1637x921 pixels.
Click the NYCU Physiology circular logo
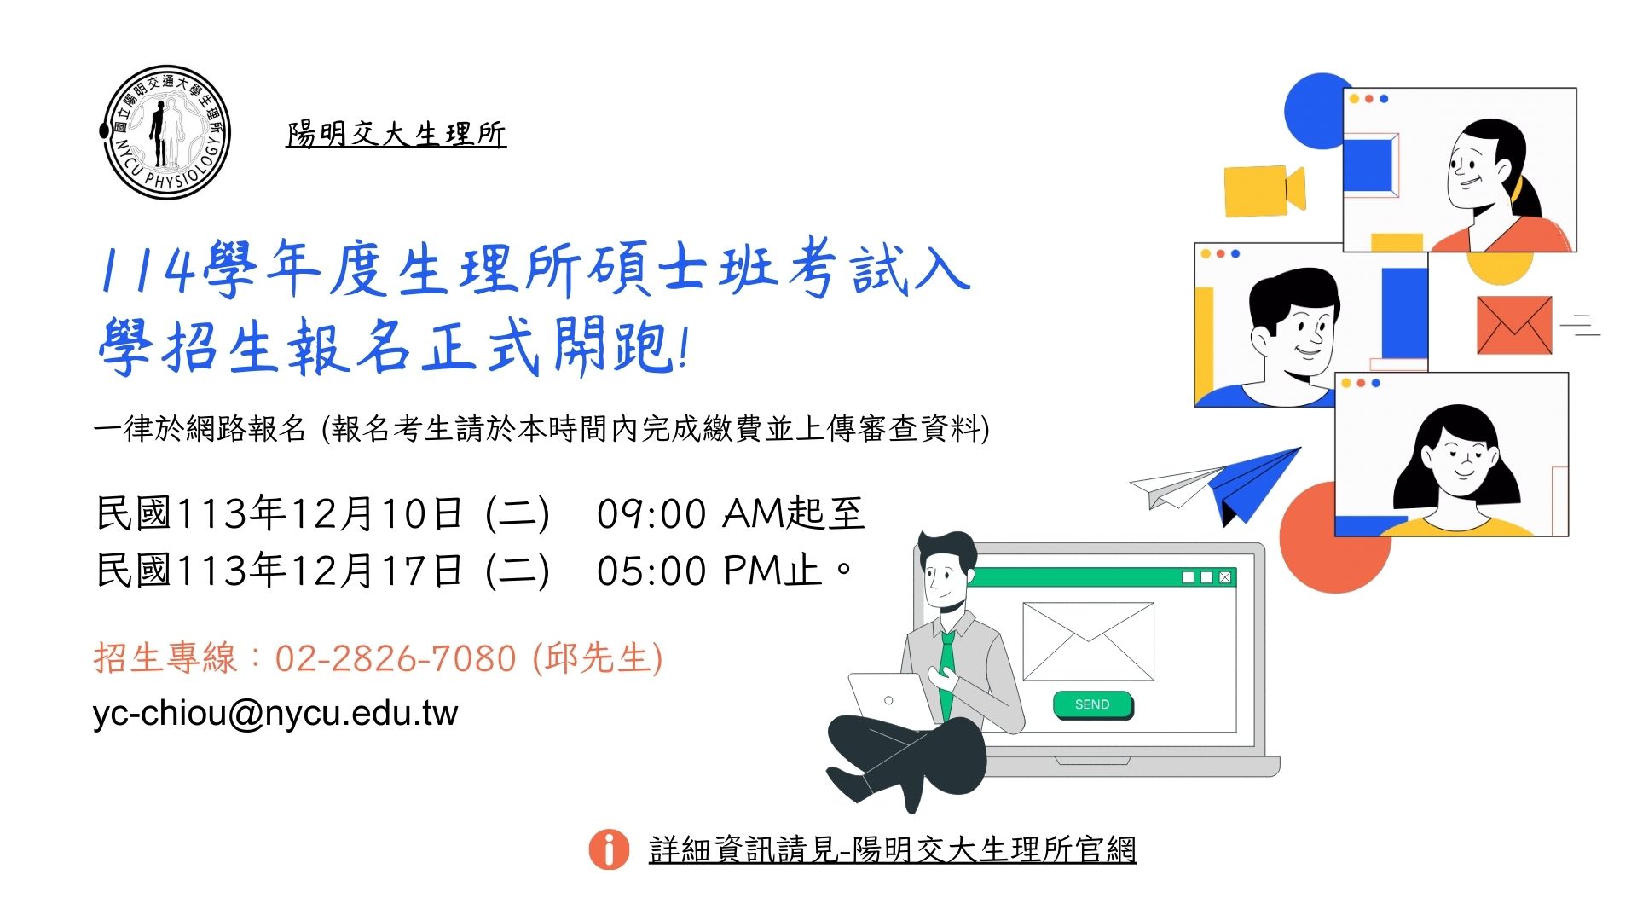coord(165,132)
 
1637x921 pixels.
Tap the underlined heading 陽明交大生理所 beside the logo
coord(396,135)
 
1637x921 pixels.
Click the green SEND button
coord(1092,704)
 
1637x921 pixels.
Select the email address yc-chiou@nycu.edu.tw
coord(275,713)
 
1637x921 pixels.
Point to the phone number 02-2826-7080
coord(396,658)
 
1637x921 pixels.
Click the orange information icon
coord(609,849)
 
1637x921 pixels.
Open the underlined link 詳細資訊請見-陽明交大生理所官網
coord(893,849)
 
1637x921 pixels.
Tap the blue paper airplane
coord(1253,484)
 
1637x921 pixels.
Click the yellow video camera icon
coord(1264,190)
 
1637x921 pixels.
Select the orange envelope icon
coord(1514,325)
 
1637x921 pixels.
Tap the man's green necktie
coord(946,674)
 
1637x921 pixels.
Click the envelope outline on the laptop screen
coord(1089,641)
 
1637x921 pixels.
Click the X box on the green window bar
coord(1225,577)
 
